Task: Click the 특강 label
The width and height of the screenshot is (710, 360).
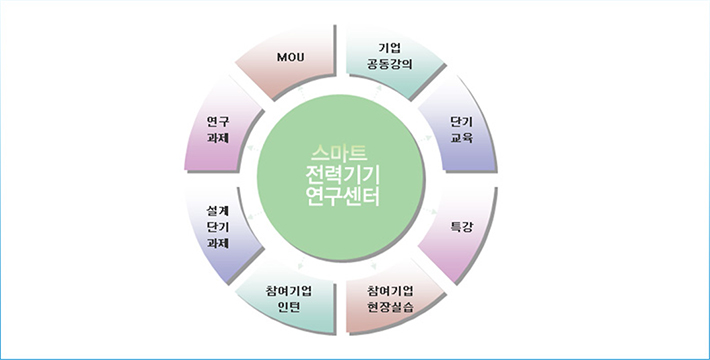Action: tap(462, 227)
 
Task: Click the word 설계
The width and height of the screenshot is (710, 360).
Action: tap(217, 210)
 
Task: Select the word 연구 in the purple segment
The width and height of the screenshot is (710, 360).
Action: tap(217, 121)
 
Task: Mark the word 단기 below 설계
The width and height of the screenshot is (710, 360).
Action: tap(217, 227)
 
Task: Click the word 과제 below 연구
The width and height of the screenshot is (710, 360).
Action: tap(217, 139)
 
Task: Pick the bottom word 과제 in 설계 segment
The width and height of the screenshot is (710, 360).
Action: tap(217, 244)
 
